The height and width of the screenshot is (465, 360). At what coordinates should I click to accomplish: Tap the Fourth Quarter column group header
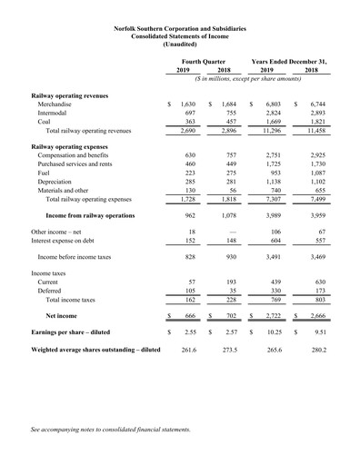pos(205,60)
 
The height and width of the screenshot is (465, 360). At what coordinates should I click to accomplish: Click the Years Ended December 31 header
pos(289,60)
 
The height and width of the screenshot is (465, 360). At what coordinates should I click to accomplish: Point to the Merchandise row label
pos(56,105)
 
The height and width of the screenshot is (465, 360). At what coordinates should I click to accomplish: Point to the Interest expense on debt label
pos(67,241)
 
